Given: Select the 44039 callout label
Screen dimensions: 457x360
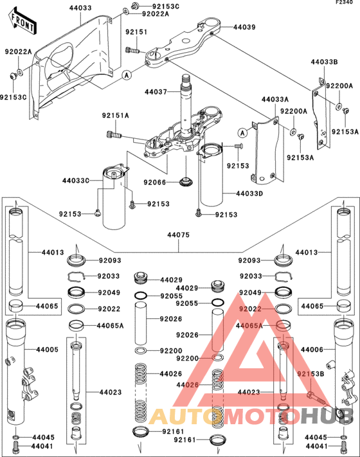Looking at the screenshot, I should point(244,28).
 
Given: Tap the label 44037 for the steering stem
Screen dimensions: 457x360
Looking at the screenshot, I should point(157,92).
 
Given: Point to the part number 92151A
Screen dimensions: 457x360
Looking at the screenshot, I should point(115,116).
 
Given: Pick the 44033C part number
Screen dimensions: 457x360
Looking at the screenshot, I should point(75,181).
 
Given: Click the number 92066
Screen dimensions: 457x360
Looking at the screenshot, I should point(155,183).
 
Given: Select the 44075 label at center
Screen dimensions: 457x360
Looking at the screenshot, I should point(179,235).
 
